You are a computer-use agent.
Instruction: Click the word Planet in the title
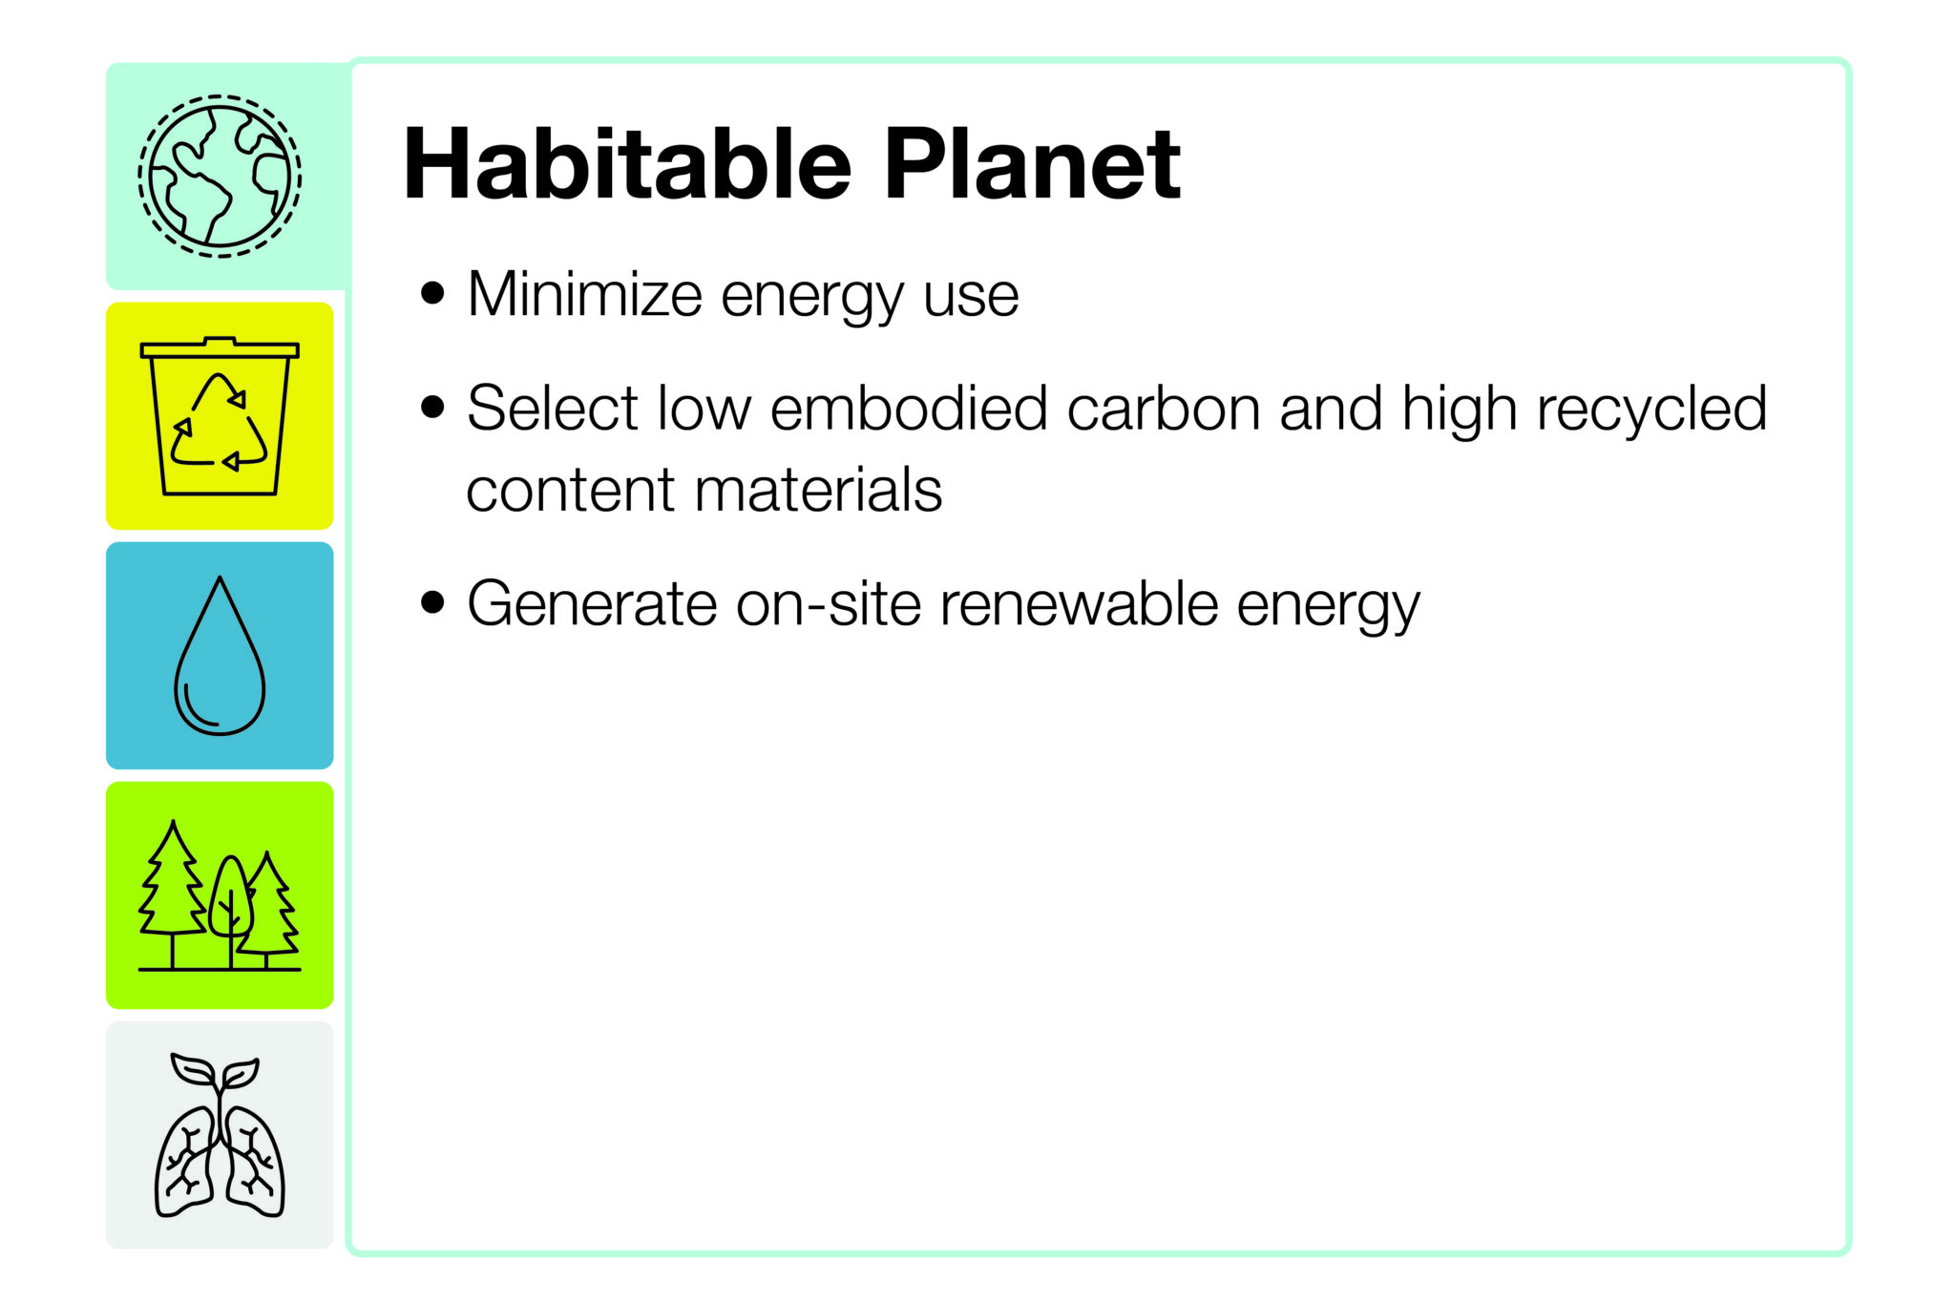[x=1033, y=164]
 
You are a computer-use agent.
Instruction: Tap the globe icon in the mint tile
[x=220, y=176]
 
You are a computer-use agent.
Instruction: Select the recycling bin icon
[x=220, y=416]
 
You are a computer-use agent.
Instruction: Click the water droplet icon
[x=220, y=656]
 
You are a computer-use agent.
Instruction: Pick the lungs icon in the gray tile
[x=220, y=1136]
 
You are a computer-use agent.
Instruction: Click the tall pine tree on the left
[x=172, y=893]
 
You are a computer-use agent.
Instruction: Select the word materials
[x=818, y=491]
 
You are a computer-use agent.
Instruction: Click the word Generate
[x=592, y=604]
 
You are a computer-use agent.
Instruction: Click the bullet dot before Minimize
[x=432, y=293]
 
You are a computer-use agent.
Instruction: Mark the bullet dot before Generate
[x=432, y=603]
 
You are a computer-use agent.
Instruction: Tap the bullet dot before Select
[x=432, y=408]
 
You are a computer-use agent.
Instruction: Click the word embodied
[x=909, y=409]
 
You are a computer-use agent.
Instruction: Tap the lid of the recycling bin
[x=220, y=347]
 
